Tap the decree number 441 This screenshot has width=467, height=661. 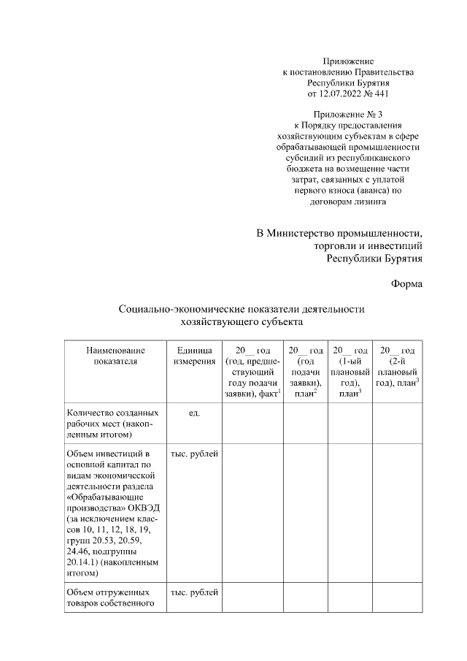click(380, 94)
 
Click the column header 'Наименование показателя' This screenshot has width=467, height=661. click(115, 355)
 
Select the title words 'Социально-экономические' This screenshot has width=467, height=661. click(186, 310)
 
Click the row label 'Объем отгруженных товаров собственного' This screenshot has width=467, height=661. click(108, 597)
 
